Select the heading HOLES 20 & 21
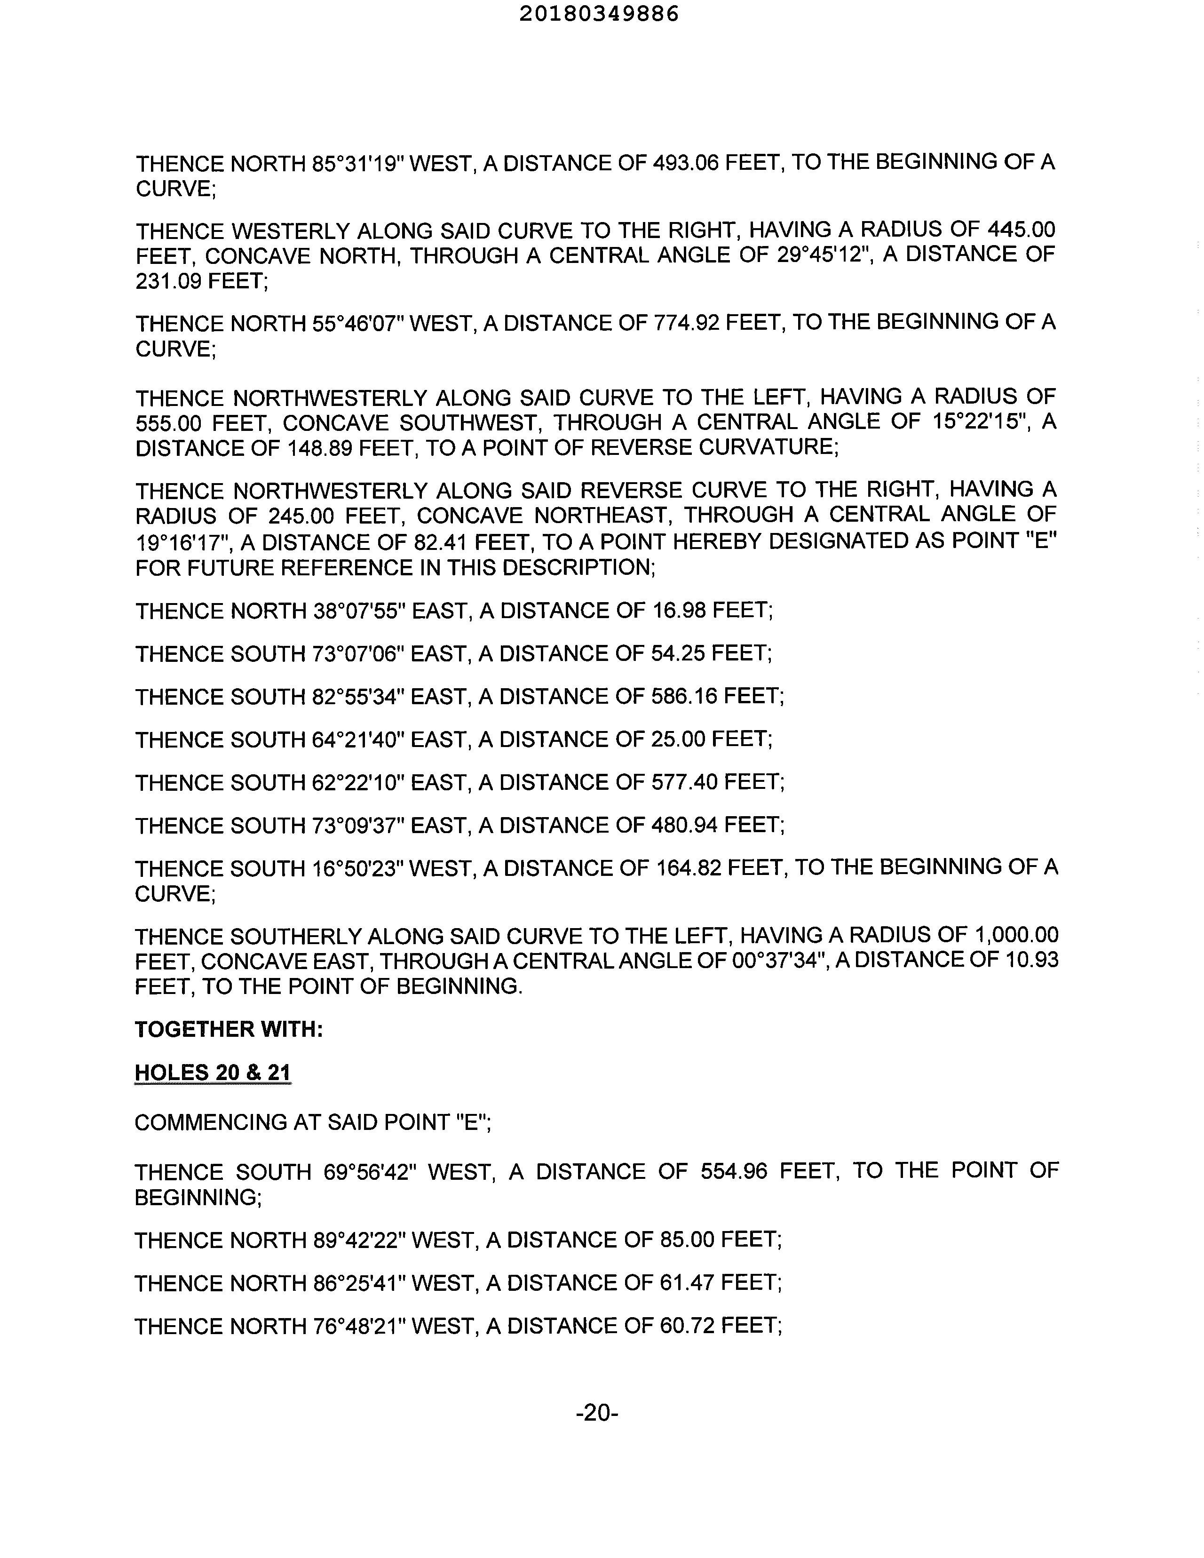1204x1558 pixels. click(x=213, y=1073)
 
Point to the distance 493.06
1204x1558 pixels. click(x=685, y=163)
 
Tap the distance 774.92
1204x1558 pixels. click(x=685, y=323)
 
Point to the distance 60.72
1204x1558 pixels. click(x=682, y=1326)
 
